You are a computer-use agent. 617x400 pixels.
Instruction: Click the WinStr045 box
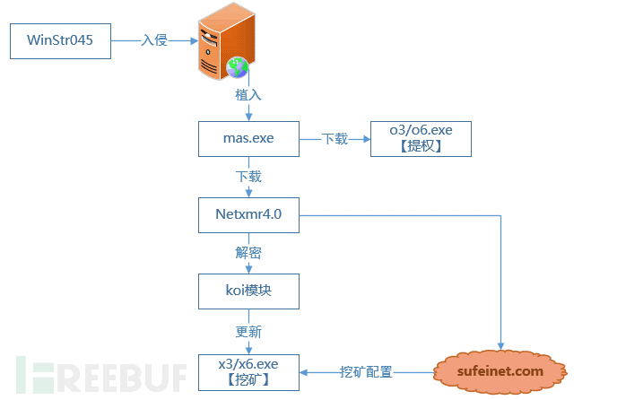(x=59, y=41)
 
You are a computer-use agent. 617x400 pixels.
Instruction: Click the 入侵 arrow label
(x=154, y=41)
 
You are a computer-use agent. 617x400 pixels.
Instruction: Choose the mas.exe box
(x=248, y=139)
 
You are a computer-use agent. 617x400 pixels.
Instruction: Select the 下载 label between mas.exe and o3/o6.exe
(x=335, y=139)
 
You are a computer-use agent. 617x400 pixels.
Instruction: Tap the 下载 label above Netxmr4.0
(x=248, y=178)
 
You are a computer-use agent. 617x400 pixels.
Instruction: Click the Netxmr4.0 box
(x=248, y=215)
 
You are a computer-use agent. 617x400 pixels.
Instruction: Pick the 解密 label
(x=248, y=253)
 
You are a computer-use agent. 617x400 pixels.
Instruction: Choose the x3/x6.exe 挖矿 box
(x=248, y=371)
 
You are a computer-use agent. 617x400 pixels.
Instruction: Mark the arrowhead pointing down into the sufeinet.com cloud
(x=500, y=345)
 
